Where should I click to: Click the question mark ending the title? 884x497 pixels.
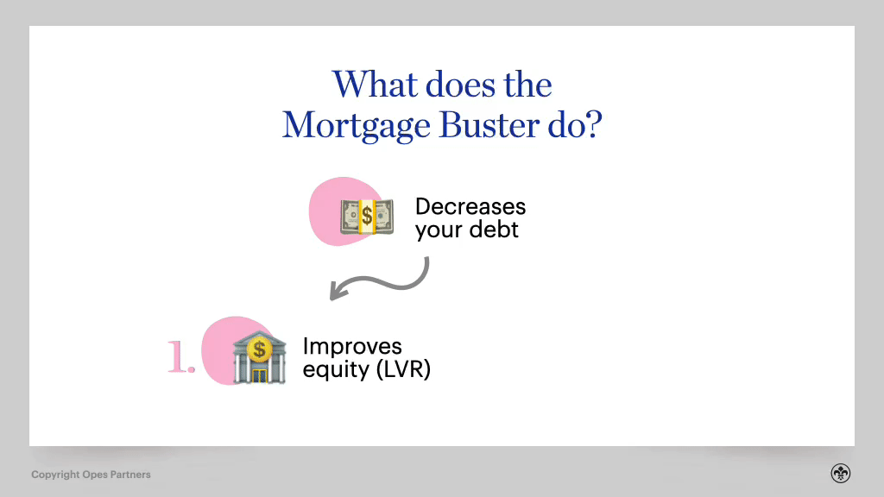[593, 126]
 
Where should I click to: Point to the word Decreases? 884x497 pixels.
[470, 207]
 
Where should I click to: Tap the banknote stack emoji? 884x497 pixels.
[366, 216]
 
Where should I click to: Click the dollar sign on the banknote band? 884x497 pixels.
[367, 216]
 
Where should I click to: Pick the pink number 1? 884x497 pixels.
[180, 358]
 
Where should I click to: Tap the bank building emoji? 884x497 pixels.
[258, 357]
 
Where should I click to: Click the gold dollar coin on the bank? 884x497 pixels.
[258, 349]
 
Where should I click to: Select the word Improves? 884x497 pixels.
[351, 346]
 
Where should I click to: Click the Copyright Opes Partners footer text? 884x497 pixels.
[91, 475]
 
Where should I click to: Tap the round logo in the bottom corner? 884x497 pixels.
[841, 474]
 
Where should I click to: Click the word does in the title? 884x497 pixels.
[445, 85]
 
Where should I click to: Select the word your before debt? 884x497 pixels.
[438, 231]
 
